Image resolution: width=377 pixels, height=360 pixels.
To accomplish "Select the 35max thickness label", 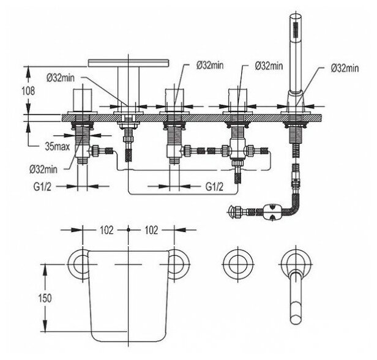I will [57, 146].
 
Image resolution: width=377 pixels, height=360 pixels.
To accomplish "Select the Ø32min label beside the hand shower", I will [344, 68].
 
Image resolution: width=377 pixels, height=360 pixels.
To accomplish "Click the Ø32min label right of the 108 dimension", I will [62, 77].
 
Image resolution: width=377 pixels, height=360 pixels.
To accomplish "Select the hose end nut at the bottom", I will [234, 212].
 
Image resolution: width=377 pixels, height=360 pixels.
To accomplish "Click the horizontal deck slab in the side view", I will [184, 118].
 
